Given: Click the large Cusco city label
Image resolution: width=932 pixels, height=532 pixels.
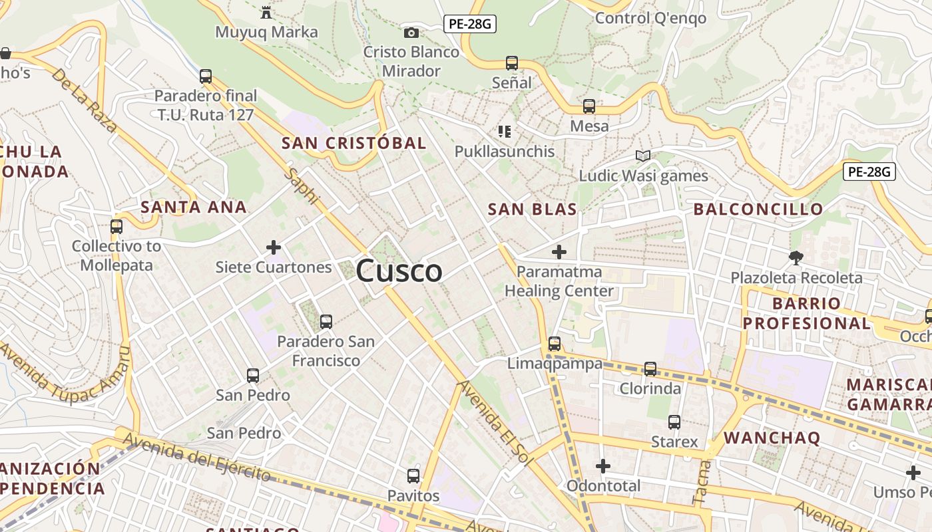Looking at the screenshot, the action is [x=399, y=271].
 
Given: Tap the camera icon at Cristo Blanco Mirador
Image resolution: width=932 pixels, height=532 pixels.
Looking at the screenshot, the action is [x=411, y=33].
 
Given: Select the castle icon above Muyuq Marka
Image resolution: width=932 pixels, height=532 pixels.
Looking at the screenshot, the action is [x=266, y=11].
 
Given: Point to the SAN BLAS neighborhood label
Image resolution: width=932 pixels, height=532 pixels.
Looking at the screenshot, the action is [x=532, y=209].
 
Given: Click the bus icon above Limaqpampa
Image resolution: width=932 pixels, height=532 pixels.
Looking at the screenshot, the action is [x=555, y=344].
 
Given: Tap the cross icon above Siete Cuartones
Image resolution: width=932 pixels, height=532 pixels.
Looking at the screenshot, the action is [x=273, y=248].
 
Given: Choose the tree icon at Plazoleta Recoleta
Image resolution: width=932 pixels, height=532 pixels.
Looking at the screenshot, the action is [x=796, y=257].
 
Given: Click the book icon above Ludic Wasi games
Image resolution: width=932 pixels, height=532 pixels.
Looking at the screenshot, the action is [x=642, y=156].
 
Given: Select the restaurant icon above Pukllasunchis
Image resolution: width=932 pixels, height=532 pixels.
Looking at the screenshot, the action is [x=505, y=132].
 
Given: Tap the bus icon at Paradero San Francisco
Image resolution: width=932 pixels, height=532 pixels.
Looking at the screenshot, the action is [x=326, y=322].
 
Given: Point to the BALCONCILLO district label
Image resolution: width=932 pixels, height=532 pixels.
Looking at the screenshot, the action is [x=758, y=209].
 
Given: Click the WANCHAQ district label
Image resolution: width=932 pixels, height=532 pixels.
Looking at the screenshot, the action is [x=772, y=438].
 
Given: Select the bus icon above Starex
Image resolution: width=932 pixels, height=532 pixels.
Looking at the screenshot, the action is [x=674, y=422].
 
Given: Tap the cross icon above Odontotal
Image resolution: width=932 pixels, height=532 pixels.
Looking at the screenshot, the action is [x=603, y=466].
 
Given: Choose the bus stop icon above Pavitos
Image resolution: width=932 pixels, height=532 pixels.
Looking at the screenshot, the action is [x=413, y=476].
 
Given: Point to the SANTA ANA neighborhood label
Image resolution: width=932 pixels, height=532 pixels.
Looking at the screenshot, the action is [x=194, y=207].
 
